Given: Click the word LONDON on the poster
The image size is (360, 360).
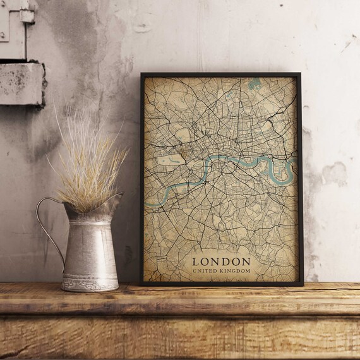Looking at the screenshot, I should [x=221, y=261].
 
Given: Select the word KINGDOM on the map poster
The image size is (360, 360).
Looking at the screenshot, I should [x=235, y=271].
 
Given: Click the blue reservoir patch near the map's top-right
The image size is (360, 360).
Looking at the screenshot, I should [x=255, y=84].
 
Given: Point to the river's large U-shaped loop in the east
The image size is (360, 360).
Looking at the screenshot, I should [x=279, y=167].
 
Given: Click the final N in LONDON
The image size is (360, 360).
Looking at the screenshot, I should [x=246, y=261].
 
